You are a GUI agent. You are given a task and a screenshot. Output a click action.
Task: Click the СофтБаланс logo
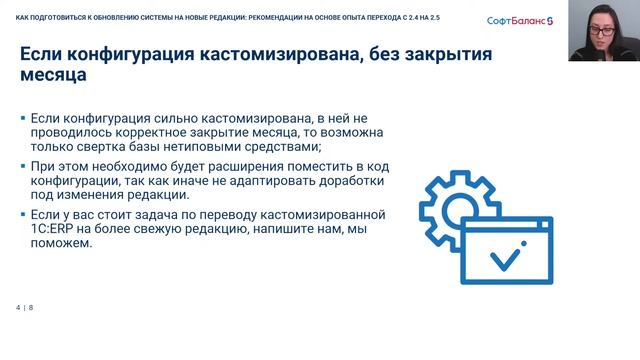pos(525,20)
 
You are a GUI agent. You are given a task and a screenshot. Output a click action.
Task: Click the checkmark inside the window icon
pos(502,259)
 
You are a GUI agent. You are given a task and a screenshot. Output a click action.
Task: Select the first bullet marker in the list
pos(23,118)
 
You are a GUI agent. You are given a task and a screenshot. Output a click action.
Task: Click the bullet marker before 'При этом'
pos(23,166)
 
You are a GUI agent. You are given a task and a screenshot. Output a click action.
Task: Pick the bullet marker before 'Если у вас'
pos(23,214)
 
